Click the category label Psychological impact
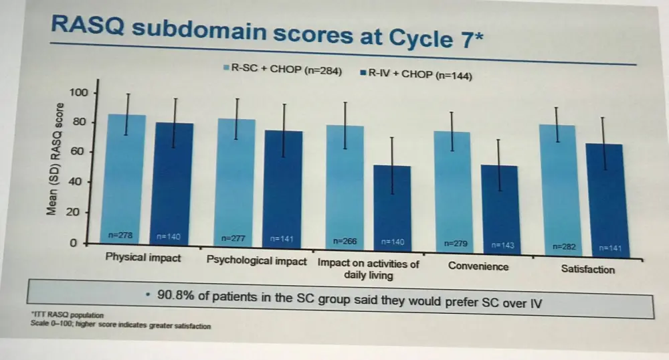[257, 260]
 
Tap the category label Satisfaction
[587, 270]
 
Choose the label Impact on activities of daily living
[368, 269]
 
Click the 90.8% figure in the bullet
[175, 294]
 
